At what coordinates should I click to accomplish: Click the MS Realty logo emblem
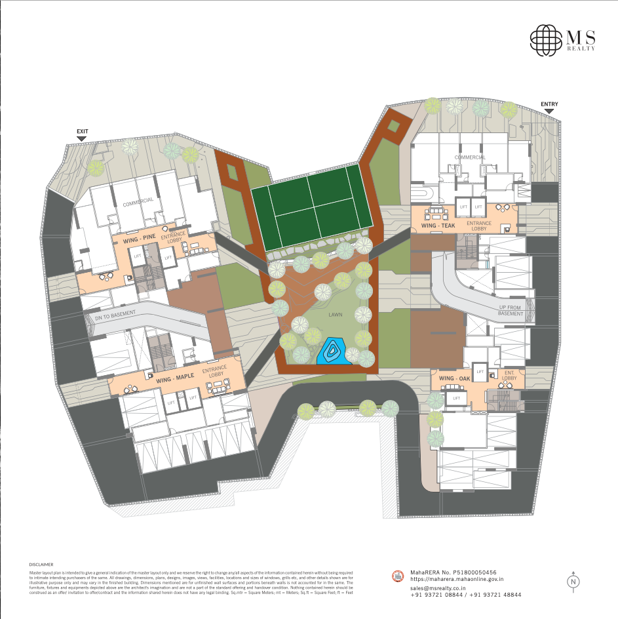click(547, 40)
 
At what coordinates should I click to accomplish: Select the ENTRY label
click(549, 104)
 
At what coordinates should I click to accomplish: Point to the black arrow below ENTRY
click(549, 111)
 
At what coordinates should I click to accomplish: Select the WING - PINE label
click(139, 241)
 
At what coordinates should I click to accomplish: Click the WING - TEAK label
click(438, 226)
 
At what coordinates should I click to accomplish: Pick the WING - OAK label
click(454, 379)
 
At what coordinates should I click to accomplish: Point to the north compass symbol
click(573, 581)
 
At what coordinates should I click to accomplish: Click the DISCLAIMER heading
click(41, 564)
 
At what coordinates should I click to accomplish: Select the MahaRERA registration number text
click(453, 572)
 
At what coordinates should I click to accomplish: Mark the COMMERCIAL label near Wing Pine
click(138, 201)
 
